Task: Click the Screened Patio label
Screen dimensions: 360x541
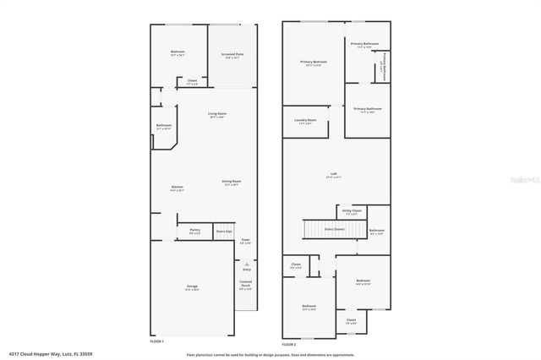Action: point(232,53)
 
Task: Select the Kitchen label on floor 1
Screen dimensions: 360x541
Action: point(178,187)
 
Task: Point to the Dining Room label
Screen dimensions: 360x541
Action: point(232,181)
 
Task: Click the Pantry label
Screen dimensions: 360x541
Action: point(194,229)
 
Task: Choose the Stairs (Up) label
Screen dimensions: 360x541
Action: point(224,230)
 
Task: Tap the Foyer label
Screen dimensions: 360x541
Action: point(245,240)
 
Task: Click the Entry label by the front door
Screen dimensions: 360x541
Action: point(246,269)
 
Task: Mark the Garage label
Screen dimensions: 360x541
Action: point(192,287)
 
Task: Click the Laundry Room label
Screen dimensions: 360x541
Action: point(306,120)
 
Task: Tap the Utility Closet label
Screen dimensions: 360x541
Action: point(352,210)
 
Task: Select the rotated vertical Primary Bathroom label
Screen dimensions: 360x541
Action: point(385,67)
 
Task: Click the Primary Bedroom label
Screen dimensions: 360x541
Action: point(313,62)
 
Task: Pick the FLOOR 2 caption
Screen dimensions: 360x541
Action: point(290,345)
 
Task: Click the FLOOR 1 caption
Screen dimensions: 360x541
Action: point(157,341)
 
